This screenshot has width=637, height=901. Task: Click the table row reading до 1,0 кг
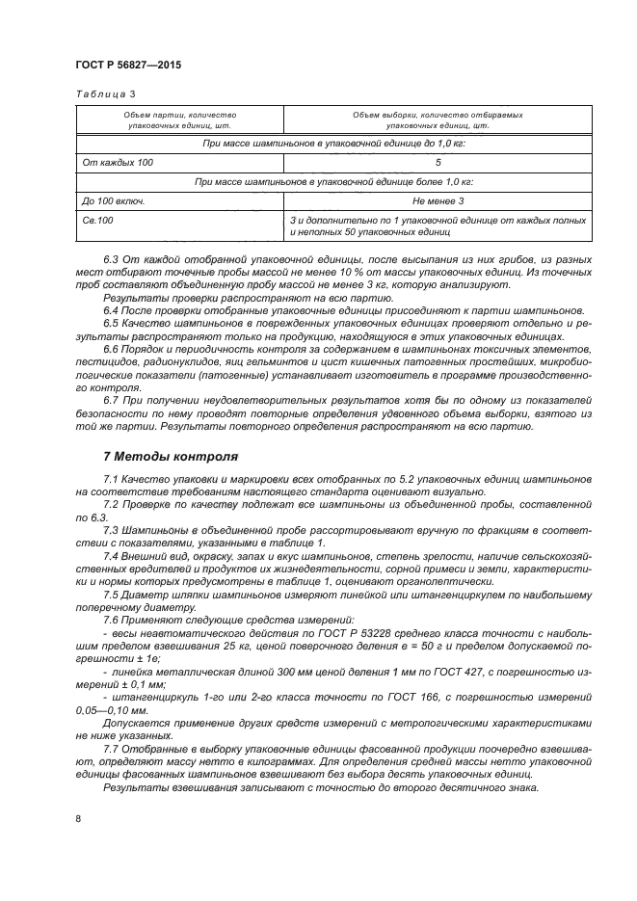coord(332,143)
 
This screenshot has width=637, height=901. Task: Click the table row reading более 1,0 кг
coord(332,181)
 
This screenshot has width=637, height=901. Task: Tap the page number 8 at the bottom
coord(77,818)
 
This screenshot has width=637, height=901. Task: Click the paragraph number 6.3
coord(112,260)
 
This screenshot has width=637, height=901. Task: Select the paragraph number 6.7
coord(112,400)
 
